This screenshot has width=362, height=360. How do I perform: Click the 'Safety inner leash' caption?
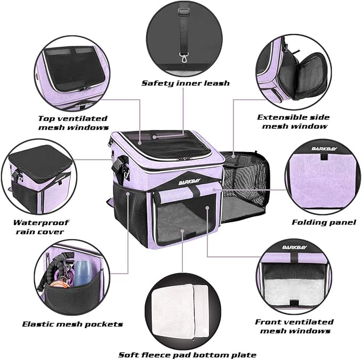click(x=185, y=83)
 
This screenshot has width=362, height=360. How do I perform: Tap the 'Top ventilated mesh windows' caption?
click(x=73, y=123)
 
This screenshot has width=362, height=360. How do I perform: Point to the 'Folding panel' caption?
click(x=324, y=222)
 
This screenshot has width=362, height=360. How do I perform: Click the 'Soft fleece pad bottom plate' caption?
click(x=187, y=355)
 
